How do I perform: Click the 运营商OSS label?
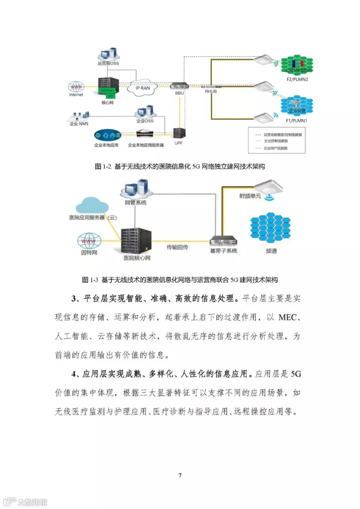(108, 63)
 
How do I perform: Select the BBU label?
(179, 92)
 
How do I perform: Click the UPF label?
(179, 143)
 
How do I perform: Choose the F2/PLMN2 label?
(296, 80)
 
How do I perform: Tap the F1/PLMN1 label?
(296, 120)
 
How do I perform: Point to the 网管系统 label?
(135, 203)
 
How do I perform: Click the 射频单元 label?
(250, 196)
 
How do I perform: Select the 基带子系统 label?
(224, 251)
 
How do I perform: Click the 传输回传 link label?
(177, 247)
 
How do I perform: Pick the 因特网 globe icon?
(89, 241)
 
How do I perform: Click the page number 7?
(180, 475)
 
